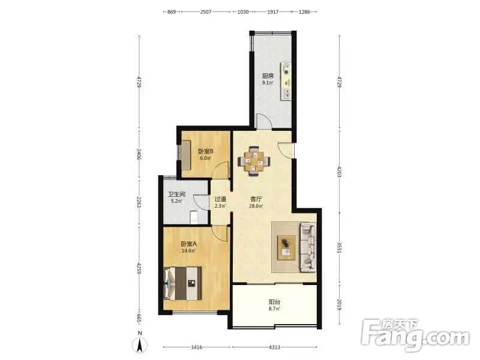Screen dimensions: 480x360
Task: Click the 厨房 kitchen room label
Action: click(268, 76)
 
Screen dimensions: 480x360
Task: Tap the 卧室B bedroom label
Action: click(205, 151)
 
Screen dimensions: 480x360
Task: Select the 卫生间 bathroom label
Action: click(176, 194)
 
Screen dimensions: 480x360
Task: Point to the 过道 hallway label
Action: click(220, 199)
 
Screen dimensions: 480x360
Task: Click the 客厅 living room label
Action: click(256, 199)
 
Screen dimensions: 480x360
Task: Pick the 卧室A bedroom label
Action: click(188, 244)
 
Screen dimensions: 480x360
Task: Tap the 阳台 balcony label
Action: click(275, 302)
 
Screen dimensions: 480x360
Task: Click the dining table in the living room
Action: click(254, 161)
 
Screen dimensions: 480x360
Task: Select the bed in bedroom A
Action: click(183, 283)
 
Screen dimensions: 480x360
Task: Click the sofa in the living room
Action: click(308, 247)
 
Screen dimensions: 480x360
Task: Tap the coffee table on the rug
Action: click(286, 247)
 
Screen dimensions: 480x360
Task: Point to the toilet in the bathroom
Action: click(193, 217)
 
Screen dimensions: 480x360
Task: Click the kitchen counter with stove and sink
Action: click(286, 81)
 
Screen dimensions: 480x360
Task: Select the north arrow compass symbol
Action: click(140, 344)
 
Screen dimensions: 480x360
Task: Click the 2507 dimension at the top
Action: click(206, 12)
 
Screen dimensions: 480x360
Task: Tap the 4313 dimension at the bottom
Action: click(274, 347)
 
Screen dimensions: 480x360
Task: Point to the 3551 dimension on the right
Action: click(339, 248)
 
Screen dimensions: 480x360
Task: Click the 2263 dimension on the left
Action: click(139, 202)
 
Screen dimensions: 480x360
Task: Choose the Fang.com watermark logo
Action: click(415, 335)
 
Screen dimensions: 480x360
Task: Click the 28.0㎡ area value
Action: click(256, 206)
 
